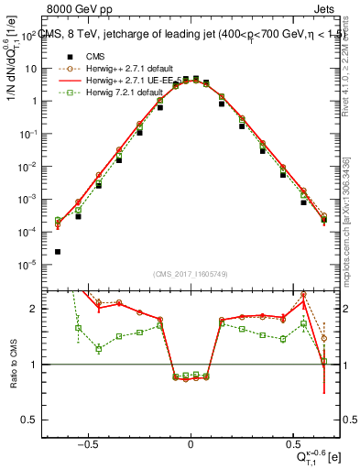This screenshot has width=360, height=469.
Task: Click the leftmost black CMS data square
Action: (x=58, y=252)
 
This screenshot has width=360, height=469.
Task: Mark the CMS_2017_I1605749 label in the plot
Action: (x=191, y=274)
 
